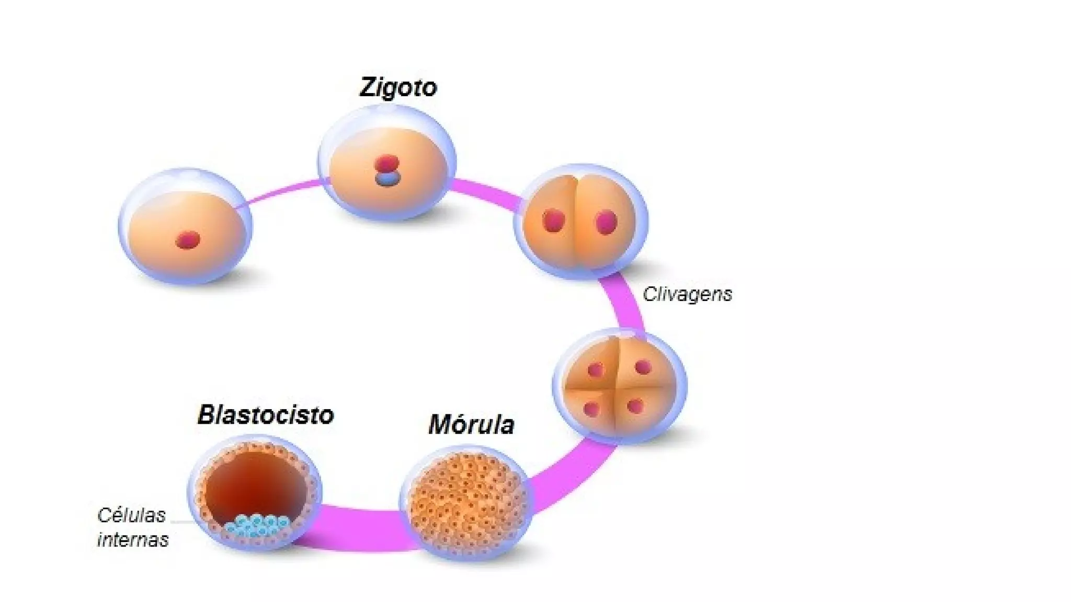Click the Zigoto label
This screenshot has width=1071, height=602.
(x=398, y=87)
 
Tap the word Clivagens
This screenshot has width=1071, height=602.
(x=687, y=294)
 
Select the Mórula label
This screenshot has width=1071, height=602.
(x=471, y=424)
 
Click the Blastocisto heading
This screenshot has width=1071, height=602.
(x=266, y=415)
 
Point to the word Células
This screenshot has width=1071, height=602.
(x=131, y=516)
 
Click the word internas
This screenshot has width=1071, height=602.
(x=133, y=539)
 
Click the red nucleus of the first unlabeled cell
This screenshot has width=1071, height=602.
(x=188, y=240)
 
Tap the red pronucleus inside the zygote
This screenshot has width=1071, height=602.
(x=387, y=164)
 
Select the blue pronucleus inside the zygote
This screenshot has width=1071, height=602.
(x=388, y=179)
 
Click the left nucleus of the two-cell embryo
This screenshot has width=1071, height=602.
(x=553, y=221)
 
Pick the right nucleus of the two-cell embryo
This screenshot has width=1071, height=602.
(x=606, y=222)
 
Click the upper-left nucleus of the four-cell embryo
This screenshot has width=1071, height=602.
(x=595, y=371)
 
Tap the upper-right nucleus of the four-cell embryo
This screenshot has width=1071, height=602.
(x=643, y=367)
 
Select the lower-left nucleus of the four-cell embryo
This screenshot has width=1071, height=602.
(x=591, y=409)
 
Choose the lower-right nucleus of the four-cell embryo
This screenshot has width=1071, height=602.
(x=635, y=406)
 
